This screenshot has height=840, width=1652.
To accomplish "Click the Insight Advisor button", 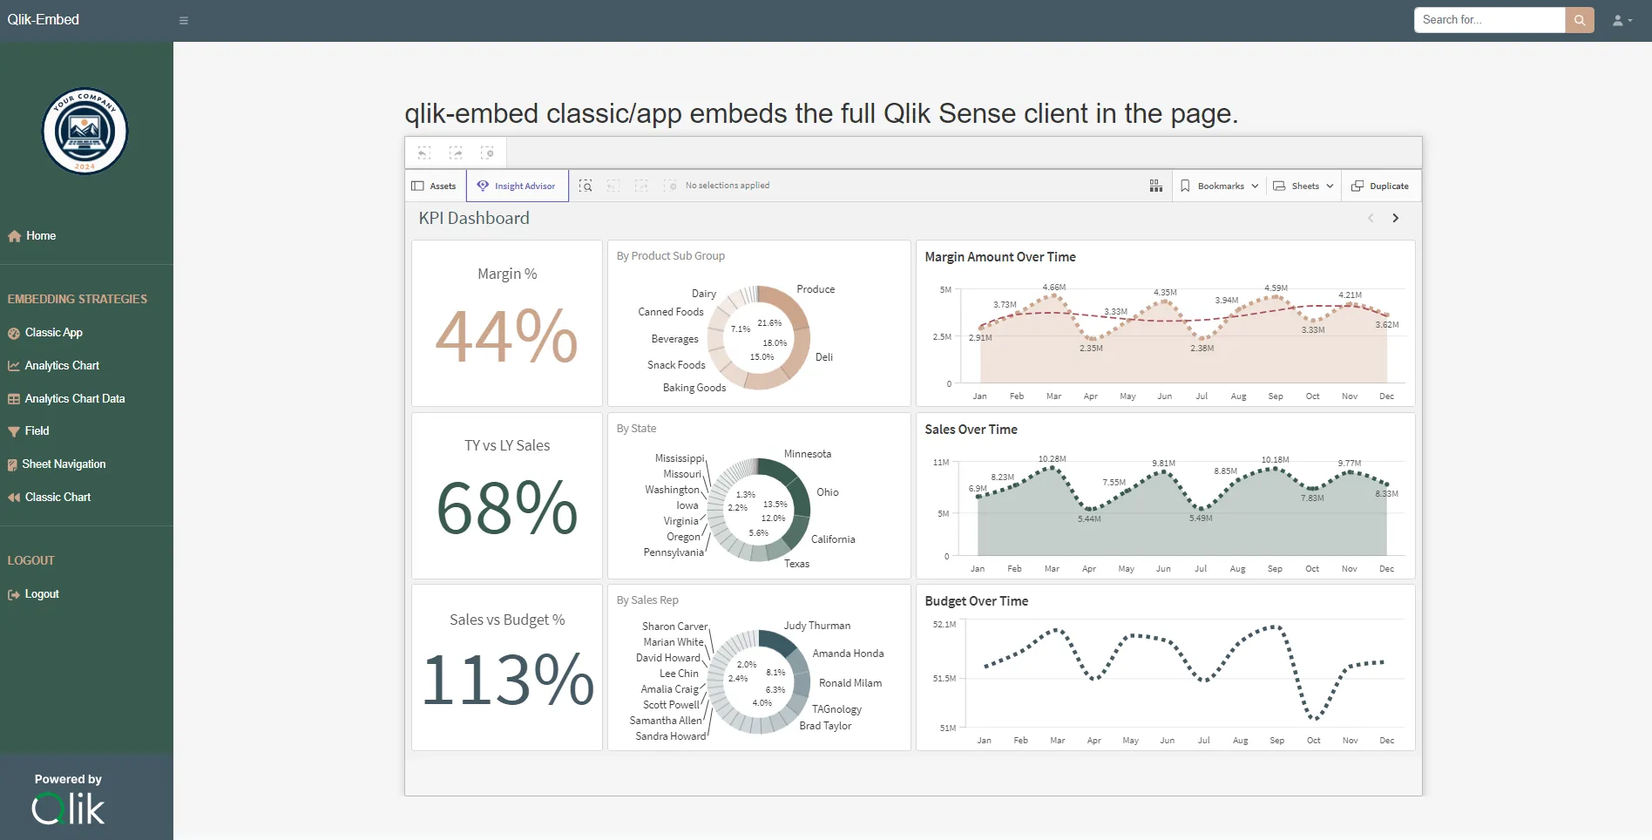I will click(518, 186).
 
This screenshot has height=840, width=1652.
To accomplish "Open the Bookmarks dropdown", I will click(1219, 186).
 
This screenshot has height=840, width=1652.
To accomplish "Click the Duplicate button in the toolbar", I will click(1380, 186).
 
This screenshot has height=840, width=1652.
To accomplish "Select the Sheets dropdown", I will click(1303, 186).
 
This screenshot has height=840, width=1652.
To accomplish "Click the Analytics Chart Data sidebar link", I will click(74, 398).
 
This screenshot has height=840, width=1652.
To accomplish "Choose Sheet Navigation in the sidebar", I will click(64, 464).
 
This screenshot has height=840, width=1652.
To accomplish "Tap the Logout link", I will click(42, 594).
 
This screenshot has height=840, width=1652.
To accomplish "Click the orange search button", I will click(1579, 20).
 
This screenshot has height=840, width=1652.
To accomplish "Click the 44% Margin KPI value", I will click(506, 336).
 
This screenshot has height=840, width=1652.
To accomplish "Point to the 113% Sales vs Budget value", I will click(507, 680).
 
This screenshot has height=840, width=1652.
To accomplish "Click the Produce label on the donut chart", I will click(816, 289).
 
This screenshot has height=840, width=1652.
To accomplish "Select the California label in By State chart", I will click(832, 539).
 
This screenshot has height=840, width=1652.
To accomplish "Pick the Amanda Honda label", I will click(847, 654).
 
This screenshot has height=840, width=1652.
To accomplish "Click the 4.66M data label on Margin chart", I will click(1053, 287).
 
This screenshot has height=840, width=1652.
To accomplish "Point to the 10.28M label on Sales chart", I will click(1052, 458).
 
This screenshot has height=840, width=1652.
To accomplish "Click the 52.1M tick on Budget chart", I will click(944, 625).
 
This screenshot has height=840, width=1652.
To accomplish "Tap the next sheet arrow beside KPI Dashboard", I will click(1395, 218).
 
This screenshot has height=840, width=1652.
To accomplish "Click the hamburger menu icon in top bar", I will click(184, 21).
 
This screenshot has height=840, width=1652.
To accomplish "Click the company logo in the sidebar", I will click(85, 132).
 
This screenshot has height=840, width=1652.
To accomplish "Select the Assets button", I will click(434, 186).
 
